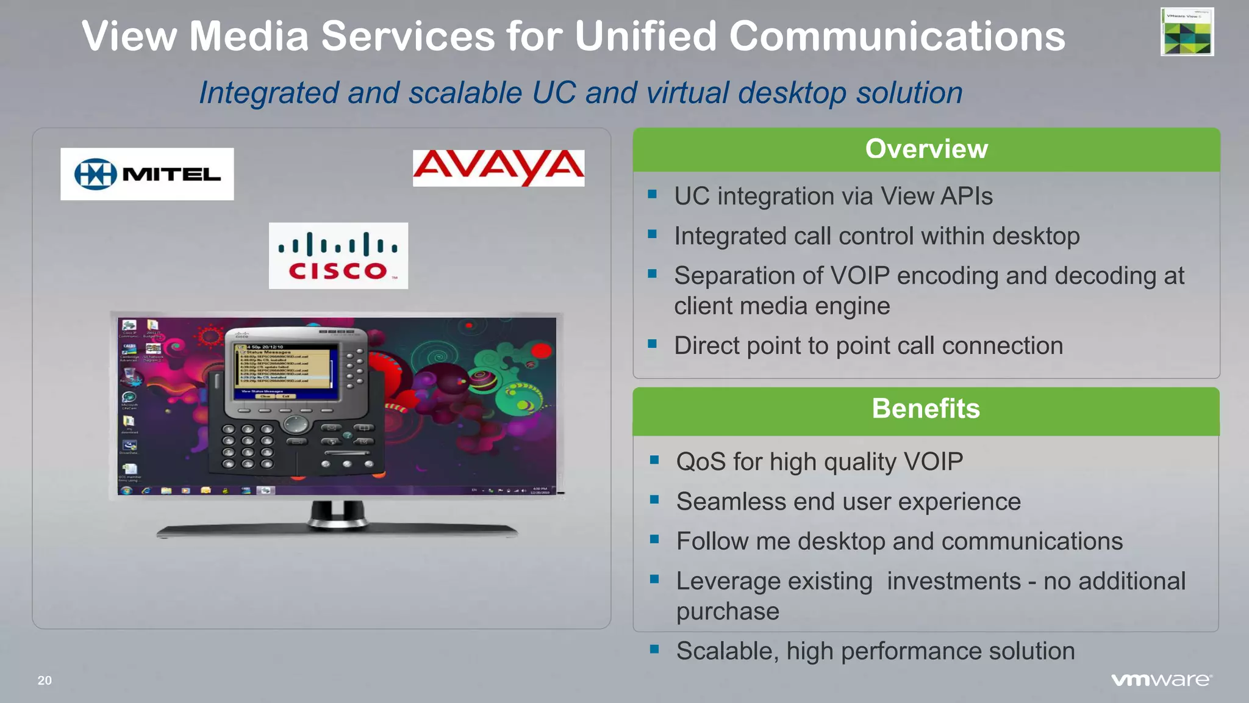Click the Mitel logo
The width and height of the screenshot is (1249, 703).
(147, 174)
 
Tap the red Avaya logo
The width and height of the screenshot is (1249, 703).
(498, 168)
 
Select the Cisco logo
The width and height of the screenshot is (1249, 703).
(338, 256)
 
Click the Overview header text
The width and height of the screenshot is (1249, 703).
(926, 149)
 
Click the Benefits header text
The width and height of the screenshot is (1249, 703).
(925, 408)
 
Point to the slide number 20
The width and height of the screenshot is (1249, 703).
(45, 680)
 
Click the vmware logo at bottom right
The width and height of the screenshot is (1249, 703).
(1161, 680)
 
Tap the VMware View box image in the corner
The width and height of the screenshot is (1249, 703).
(1187, 32)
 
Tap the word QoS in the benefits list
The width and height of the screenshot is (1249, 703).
(701, 462)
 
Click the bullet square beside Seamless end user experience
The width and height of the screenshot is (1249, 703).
(654, 500)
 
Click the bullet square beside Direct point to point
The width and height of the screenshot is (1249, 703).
(653, 344)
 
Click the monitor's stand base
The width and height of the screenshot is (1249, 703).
(337, 530)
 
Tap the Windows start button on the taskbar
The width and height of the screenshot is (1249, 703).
(126, 491)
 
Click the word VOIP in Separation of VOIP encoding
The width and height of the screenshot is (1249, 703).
(861, 276)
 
